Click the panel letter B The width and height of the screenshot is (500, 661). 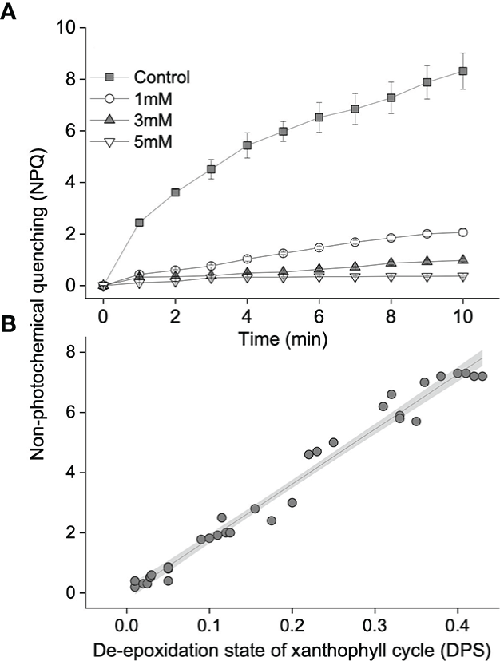pyautogui.click(x=9, y=326)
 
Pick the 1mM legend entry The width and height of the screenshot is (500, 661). pyautogui.click(x=148, y=99)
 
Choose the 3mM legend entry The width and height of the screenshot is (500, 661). pyautogui.click(x=148, y=120)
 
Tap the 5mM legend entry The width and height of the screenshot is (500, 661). pyautogui.click(x=148, y=141)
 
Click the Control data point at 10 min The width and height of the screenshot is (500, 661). pyautogui.click(x=462, y=71)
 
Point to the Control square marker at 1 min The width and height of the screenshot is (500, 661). pyautogui.click(x=139, y=222)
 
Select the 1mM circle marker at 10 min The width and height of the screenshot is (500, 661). pyautogui.click(x=462, y=232)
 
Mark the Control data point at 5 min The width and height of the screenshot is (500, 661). pyautogui.click(x=283, y=132)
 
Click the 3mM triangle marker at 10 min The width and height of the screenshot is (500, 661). pyautogui.click(x=462, y=259)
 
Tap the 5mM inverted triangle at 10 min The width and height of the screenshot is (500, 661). pyautogui.click(x=462, y=276)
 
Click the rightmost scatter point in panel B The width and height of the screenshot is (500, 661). pyautogui.click(x=482, y=376)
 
